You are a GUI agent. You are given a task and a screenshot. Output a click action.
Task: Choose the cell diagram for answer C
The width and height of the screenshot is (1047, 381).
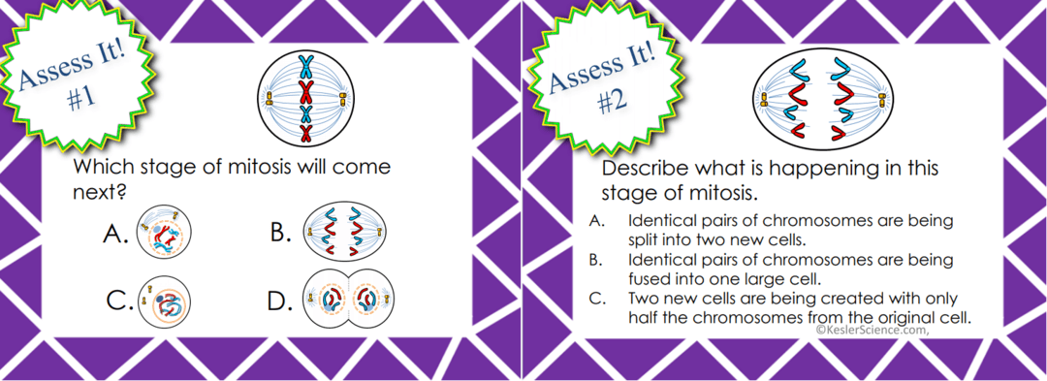coord(164,302)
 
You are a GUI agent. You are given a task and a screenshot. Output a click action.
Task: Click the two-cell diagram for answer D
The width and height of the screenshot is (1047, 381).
coord(347,302)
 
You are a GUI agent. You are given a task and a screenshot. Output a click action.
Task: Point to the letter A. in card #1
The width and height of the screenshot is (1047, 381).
coord(116,235)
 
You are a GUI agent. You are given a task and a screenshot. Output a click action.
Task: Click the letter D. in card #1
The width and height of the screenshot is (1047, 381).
coord(280,302)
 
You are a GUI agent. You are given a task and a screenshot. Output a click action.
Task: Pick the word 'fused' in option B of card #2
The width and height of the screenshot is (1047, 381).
coord(649,277)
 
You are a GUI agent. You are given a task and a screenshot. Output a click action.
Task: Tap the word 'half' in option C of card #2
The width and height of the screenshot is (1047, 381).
coord(645,317)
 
